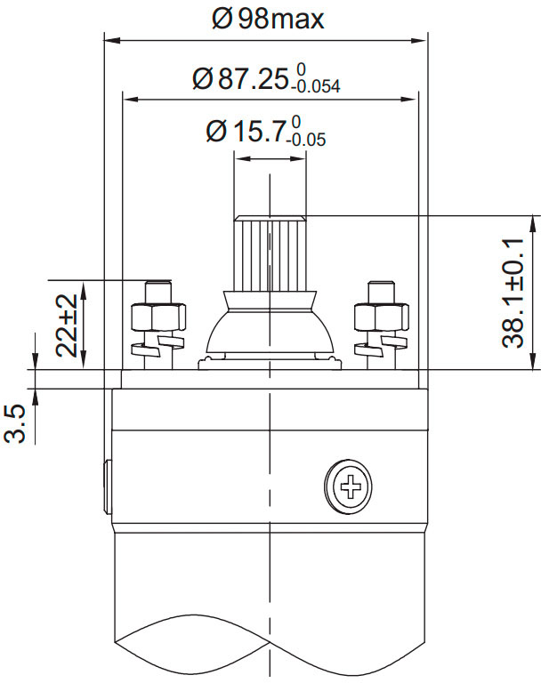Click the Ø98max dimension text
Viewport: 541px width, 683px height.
[268, 19]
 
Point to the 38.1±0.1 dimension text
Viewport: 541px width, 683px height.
[513, 292]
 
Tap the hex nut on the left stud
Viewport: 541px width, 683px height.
[159, 317]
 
